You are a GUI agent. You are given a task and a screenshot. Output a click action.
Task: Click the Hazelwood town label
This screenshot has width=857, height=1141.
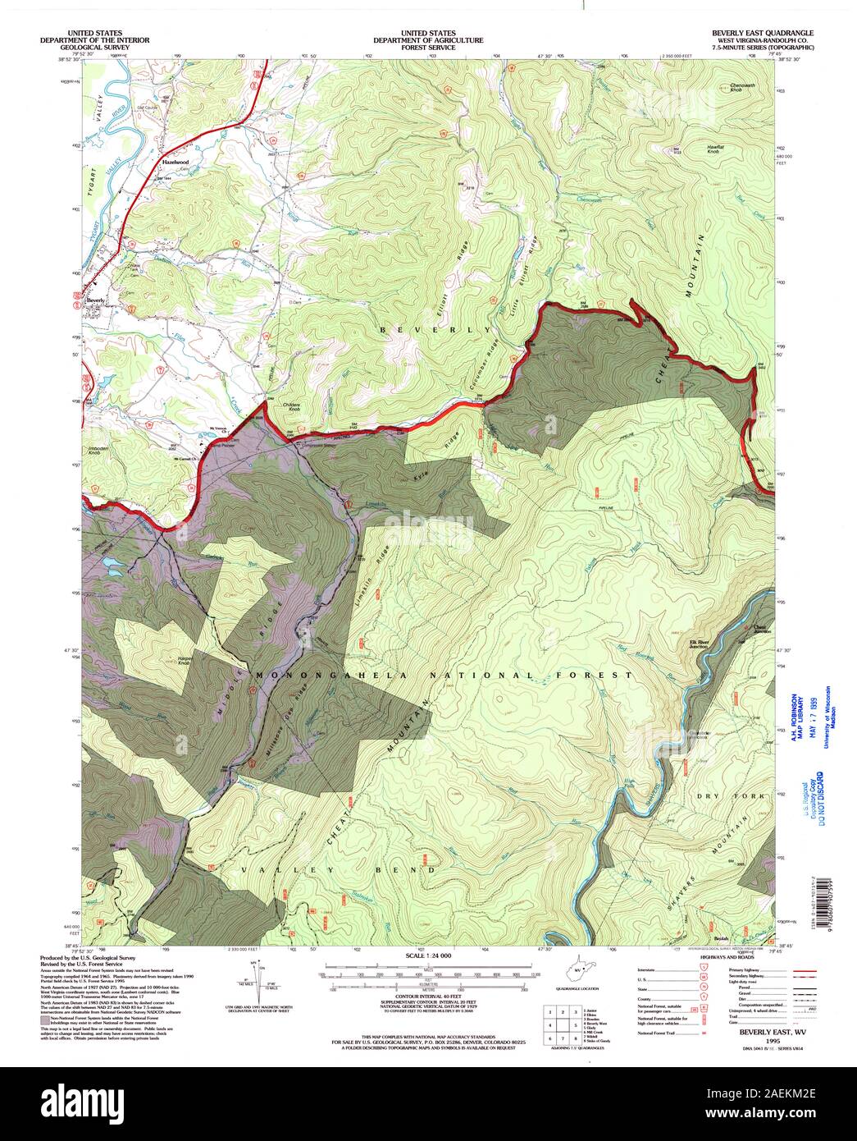[174, 163]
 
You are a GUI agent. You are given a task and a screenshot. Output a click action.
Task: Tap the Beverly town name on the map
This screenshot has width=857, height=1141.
[96, 301]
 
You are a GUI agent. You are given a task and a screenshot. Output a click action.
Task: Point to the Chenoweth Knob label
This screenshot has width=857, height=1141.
[743, 86]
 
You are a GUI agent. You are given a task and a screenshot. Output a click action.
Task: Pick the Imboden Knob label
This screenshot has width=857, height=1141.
[98, 451]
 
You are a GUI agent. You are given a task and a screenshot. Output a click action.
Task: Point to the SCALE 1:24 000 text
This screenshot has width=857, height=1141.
[428, 957]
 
